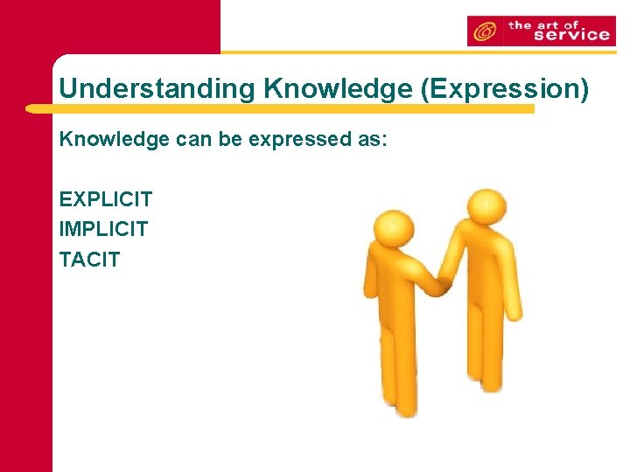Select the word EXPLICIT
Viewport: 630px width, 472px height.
coord(106,200)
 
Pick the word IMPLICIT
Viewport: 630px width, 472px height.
coord(104,230)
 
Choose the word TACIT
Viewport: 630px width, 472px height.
coord(89,260)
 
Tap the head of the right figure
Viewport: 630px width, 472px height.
coord(485,207)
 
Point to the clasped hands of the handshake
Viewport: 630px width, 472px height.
coord(443,284)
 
